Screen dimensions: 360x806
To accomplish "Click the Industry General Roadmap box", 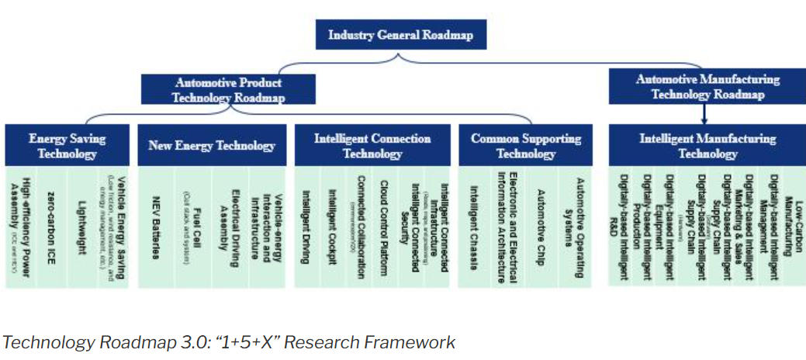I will pos(401,35).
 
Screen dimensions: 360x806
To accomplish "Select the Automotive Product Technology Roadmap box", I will pos(228,90).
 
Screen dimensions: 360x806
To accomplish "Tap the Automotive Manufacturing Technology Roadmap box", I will pos(707,86).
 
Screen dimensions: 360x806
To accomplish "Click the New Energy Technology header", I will pos(211,146).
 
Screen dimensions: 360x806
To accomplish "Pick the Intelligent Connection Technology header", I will pos(372,147).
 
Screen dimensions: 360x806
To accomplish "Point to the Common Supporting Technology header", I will pos(525,147).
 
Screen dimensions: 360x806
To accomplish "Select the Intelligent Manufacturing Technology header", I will pos(707,147).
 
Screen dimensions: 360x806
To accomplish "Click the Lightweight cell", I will pos(85,227).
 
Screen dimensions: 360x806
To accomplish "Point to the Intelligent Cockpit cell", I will pos(334,227).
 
